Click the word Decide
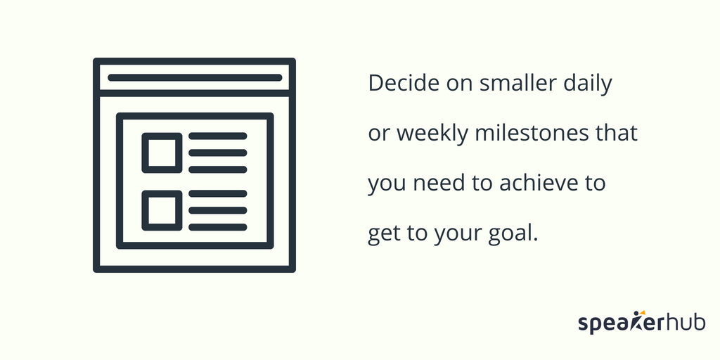(x=399, y=84)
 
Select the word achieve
(x=537, y=184)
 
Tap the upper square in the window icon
(x=162, y=153)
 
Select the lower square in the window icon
(x=162, y=210)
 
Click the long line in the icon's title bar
(x=194, y=77)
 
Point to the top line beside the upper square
(x=217, y=136)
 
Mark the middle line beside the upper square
(x=217, y=153)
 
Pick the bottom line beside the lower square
(x=217, y=227)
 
